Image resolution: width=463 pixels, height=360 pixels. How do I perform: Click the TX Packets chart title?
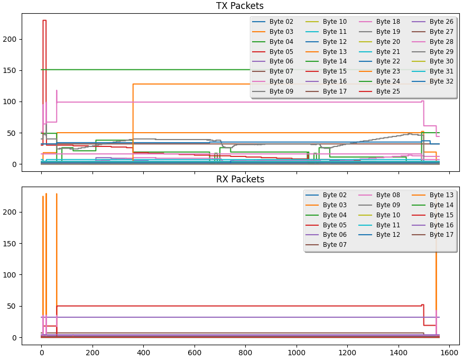pos(240,6)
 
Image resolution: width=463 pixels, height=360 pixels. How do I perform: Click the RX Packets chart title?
pos(240,180)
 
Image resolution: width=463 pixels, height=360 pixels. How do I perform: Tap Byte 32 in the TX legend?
pos(441,81)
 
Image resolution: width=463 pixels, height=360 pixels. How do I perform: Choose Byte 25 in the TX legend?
pos(388,91)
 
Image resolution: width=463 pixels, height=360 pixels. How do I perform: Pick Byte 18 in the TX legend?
pos(388,22)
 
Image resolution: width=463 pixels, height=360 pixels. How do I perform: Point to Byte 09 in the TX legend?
pos(281,91)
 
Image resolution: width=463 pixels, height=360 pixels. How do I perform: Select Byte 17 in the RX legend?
pos(441,235)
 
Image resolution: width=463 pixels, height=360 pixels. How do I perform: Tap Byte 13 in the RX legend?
pos(441,195)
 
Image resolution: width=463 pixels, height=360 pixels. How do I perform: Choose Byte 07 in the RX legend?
pos(334,245)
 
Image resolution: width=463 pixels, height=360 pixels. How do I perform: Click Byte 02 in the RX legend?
pos(334,195)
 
